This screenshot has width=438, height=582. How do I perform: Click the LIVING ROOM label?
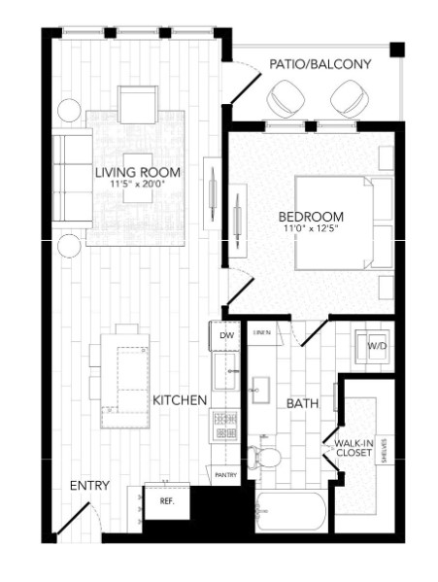134,174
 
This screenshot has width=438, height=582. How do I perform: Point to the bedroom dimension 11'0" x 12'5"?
310,229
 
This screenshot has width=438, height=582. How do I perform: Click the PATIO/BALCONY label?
320,64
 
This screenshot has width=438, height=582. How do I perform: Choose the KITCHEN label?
180,399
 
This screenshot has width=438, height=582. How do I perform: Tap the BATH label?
302,402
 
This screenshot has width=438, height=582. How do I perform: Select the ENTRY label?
89,486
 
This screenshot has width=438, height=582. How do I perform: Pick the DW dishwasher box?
226,336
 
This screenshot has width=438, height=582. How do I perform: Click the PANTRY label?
225,475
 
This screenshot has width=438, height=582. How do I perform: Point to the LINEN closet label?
261,333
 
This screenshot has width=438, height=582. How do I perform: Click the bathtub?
293,511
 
